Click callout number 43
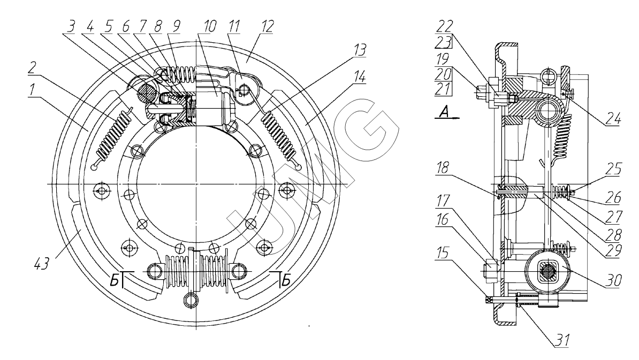[42, 264]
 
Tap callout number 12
[267, 26]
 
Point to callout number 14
[359, 76]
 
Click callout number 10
[209, 26]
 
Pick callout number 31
[562, 340]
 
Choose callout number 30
[614, 280]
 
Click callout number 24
[613, 119]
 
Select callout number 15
[443, 253]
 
